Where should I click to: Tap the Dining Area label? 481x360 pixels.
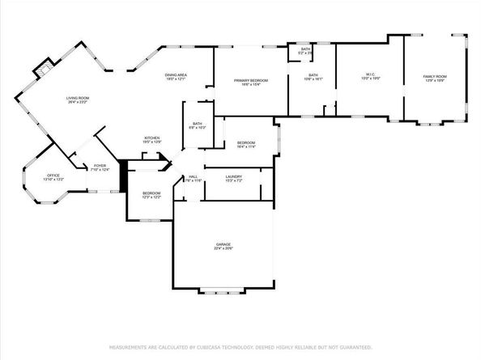(x=176, y=77)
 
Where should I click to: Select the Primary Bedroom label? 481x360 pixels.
(x=251, y=83)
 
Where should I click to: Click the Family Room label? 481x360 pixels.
(x=435, y=78)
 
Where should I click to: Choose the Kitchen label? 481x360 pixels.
(x=153, y=139)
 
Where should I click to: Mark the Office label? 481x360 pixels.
(x=53, y=176)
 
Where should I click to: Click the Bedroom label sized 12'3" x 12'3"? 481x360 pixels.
(x=151, y=195)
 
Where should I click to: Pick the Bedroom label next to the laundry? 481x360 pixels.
(x=246, y=143)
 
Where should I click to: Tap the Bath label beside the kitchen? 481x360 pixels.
(x=198, y=125)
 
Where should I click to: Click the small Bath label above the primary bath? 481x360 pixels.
(x=305, y=51)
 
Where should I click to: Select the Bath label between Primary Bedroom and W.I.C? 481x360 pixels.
(x=313, y=78)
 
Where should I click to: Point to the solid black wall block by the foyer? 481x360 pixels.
(x=123, y=176)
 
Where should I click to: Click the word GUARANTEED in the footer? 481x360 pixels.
(x=357, y=347)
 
